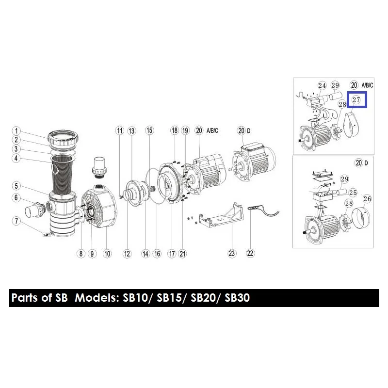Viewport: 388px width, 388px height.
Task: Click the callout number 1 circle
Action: click(16, 131)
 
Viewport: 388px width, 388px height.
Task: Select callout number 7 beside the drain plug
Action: click(16, 221)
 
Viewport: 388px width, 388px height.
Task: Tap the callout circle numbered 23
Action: click(232, 253)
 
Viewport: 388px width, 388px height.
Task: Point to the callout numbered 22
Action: click(250, 253)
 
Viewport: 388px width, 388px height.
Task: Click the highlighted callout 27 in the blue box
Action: click(356, 100)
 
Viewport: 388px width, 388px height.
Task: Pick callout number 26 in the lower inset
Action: click(367, 199)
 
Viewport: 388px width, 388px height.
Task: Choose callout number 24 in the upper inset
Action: click(322, 86)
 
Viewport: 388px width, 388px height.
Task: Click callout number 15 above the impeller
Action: click(149, 130)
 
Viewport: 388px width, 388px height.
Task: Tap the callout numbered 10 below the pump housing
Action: click(107, 254)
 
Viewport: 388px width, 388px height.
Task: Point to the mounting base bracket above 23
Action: click(222, 215)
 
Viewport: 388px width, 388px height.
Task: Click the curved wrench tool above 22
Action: click(263, 210)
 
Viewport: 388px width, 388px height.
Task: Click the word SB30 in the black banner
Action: click(237, 298)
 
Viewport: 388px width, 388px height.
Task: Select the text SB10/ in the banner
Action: click(138, 298)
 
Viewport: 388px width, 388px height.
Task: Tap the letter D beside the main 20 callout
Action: click(249, 130)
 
